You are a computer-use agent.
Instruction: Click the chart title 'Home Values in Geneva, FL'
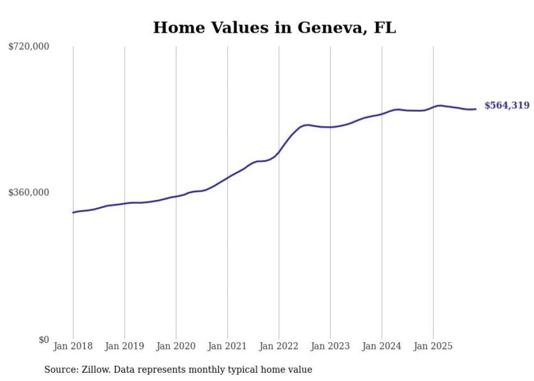point(274,28)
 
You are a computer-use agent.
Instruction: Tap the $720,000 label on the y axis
point(29,47)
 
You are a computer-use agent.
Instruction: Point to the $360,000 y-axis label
point(29,192)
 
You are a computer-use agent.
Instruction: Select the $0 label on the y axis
point(44,340)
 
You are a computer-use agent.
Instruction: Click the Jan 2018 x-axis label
point(73,346)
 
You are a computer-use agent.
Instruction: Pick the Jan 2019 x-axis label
point(124,346)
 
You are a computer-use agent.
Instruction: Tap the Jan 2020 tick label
point(176,346)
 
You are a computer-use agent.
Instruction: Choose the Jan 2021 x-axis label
point(227,346)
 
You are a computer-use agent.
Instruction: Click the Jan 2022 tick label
point(278,346)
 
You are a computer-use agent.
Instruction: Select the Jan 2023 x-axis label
point(330,346)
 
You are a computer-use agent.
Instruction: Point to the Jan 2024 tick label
point(381,346)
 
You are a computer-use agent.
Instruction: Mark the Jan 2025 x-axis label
point(433,346)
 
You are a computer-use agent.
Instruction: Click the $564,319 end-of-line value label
point(507,106)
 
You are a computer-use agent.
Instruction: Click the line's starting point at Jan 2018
point(73,212)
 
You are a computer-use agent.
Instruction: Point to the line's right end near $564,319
point(476,109)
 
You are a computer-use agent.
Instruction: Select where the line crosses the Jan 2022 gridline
point(278,152)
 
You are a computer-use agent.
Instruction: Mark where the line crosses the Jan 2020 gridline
point(176,196)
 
